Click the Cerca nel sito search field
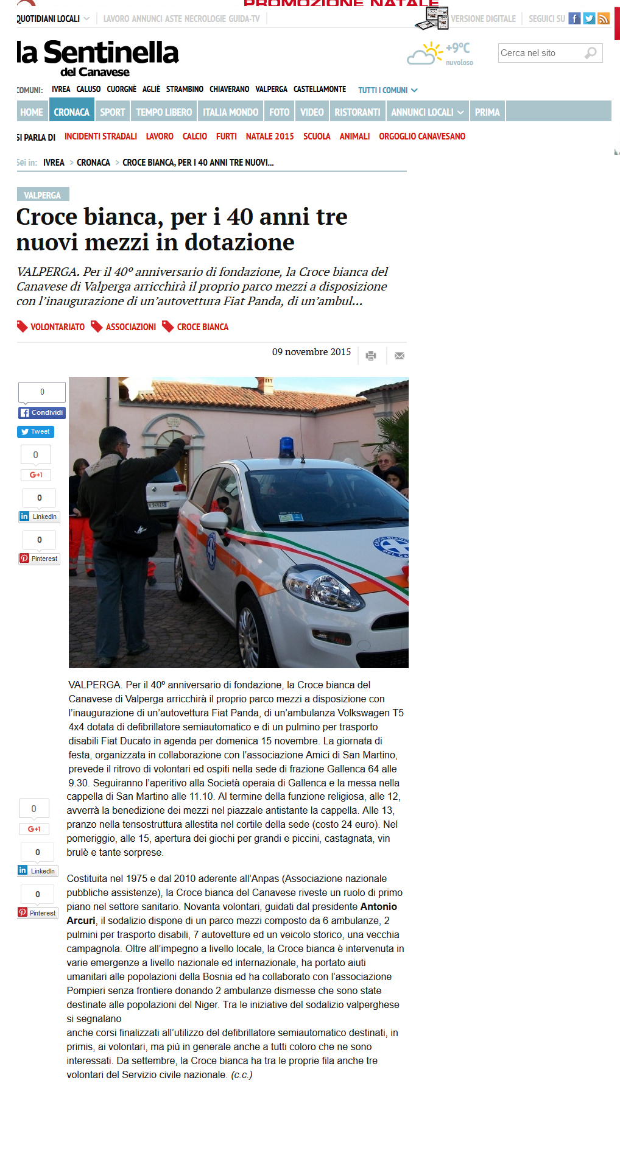click(x=542, y=53)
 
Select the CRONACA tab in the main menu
click(x=71, y=112)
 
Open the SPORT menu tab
click(x=112, y=112)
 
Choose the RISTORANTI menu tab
click(x=357, y=112)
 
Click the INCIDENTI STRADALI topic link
click(x=100, y=136)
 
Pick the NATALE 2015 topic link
click(x=270, y=136)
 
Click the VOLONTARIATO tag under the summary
click(x=57, y=327)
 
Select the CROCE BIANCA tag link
click(x=202, y=327)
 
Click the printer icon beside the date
click(x=371, y=355)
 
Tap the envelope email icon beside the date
click(x=400, y=355)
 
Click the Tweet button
click(x=35, y=432)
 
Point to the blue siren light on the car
click(x=286, y=447)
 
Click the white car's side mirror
click(x=214, y=522)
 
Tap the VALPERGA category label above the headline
click(x=43, y=195)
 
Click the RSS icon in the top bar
click(x=604, y=18)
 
